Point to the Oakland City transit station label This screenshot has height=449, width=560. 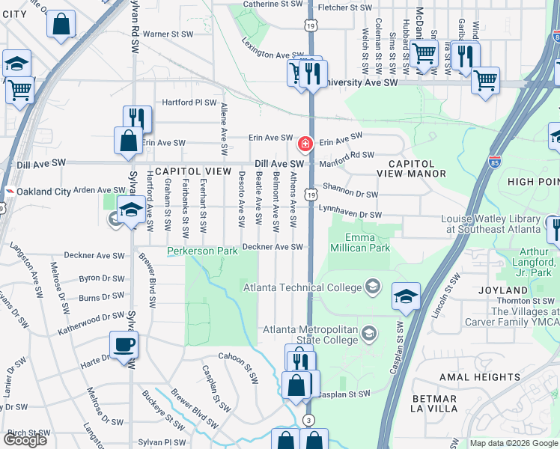[x=43, y=192]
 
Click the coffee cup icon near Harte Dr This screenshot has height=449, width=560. [x=124, y=345]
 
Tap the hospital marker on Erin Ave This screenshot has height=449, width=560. [x=305, y=143]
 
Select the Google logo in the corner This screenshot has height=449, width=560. [x=25, y=439]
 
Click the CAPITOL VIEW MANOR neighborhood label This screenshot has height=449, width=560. [x=417, y=168]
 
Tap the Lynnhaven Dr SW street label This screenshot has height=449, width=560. [x=350, y=213]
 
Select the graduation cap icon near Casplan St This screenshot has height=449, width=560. [x=405, y=297]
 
